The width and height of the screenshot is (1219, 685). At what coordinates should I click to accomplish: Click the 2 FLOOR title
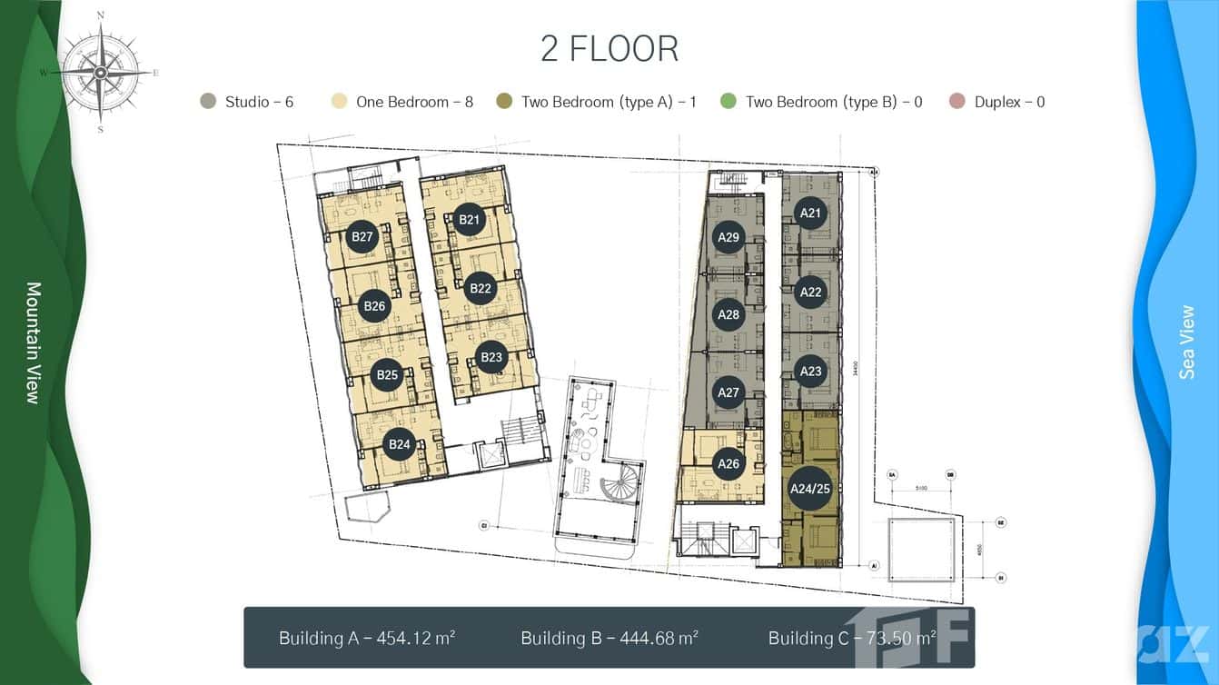click(609, 49)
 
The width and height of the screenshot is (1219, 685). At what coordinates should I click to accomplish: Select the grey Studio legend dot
click(208, 102)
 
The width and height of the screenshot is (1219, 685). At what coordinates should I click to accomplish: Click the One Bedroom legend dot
click(340, 102)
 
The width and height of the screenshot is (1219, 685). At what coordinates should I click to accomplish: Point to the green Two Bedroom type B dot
click(728, 102)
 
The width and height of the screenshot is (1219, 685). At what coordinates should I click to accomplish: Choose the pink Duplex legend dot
click(956, 102)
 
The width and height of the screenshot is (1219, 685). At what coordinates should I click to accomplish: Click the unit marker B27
click(362, 237)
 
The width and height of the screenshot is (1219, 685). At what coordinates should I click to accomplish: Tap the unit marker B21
click(469, 219)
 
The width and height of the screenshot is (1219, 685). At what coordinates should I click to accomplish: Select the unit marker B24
click(400, 444)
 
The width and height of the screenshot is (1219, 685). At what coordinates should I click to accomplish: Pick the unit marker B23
click(491, 357)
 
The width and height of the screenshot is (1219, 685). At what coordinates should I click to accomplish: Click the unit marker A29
click(728, 237)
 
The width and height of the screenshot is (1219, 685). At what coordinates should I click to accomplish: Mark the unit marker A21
click(810, 213)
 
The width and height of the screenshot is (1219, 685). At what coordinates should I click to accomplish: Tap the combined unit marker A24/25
click(810, 489)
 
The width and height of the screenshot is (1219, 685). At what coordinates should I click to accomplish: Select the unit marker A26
click(728, 463)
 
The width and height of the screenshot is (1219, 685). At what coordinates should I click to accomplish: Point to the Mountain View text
click(34, 342)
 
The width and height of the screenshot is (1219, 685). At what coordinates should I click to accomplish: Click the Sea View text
click(1186, 342)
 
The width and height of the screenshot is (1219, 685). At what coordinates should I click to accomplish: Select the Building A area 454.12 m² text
click(367, 638)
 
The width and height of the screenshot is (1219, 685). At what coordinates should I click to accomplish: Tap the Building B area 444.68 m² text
click(609, 638)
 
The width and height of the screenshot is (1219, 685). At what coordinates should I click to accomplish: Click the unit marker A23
click(810, 371)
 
